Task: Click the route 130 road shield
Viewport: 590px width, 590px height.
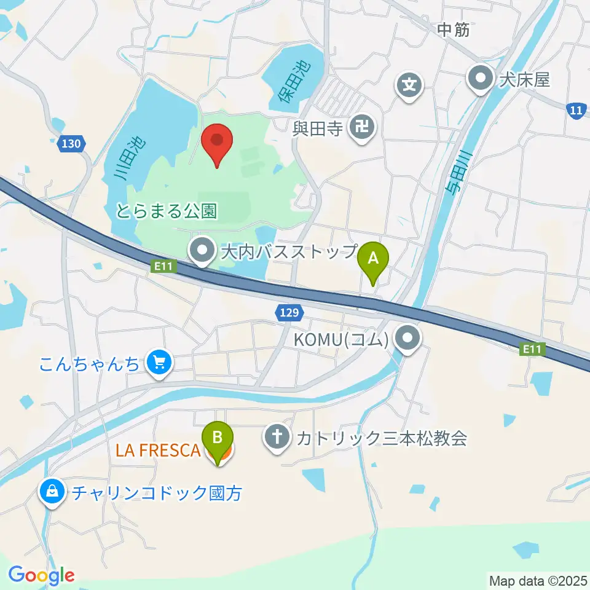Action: click(x=71, y=144)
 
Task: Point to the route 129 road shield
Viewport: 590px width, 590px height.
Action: click(x=288, y=313)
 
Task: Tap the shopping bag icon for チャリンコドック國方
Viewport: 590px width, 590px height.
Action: click(x=53, y=492)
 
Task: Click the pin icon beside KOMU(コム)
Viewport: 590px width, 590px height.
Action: click(x=407, y=339)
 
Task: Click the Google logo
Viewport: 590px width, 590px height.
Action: click(x=41, y=575)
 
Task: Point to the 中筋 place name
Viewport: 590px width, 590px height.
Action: click(x=454, y=29)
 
